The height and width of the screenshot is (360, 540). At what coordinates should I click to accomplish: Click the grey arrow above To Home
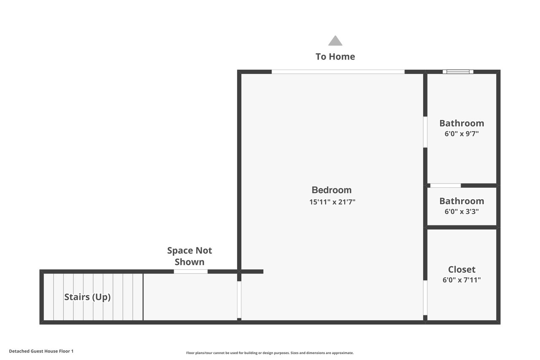coord(335,41)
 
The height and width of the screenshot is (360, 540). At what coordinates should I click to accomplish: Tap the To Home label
coord(335,57)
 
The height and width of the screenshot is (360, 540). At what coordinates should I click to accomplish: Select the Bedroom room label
coord(332,190)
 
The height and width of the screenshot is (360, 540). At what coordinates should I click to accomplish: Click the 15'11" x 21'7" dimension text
coord(332,202)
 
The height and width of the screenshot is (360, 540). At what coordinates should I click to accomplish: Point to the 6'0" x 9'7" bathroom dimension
coord(462,134)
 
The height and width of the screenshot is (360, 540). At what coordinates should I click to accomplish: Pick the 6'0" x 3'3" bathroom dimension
coord(462,211)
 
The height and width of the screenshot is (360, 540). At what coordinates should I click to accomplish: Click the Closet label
coord(462,269)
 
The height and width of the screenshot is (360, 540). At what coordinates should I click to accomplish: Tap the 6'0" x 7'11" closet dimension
coord(462,280)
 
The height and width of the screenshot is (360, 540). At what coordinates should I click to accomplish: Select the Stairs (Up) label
coord(87,297)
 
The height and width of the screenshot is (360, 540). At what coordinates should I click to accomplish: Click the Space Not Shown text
coord(189,256)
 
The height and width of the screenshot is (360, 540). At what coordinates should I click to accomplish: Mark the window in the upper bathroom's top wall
coord(458,72)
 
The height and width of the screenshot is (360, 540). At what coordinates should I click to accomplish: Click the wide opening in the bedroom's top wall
coord(338,72)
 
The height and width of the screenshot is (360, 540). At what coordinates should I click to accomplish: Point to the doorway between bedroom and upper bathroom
coord(425,132)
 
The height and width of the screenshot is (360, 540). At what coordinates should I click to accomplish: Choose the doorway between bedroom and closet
coord(425,298)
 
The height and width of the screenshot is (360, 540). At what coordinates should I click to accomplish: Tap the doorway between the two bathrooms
coord(445,185)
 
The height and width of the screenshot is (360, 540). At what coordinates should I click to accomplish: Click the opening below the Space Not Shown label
coord(191,271)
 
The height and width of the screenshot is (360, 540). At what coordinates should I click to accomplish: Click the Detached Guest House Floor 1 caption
coord(41,351)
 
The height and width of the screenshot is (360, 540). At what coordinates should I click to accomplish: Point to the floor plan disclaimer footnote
coord(270,353)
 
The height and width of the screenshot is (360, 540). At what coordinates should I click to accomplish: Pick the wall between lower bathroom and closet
coord(462,227)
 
